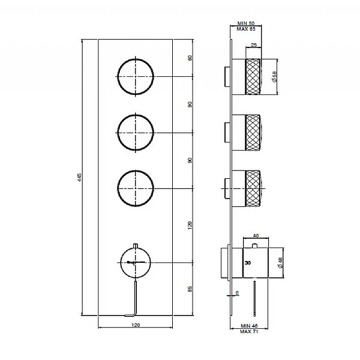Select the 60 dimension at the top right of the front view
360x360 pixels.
pos(190,58)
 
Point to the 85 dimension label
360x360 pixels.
pos(190,289)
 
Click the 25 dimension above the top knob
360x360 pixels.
pos(254,46)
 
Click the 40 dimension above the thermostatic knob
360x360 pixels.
pos(257,236)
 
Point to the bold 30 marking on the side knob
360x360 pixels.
pos(248,263)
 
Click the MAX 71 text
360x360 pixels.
pos(248,331)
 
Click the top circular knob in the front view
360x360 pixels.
pos(136,77)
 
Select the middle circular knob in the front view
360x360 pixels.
pos(136,131)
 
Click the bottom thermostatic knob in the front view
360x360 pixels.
pos(136,262)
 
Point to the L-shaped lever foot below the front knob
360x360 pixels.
pos(135,313)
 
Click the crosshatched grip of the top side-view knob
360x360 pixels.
pos(255,77)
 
